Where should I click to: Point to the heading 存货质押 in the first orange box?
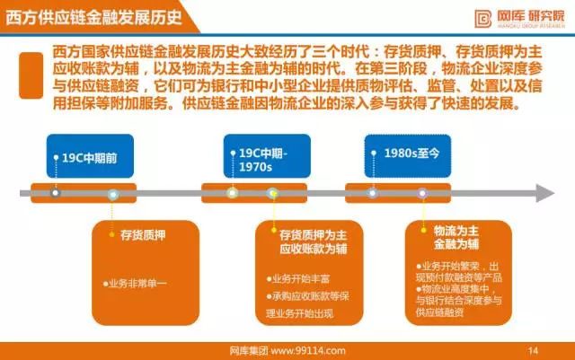coord(143,235)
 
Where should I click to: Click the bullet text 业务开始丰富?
coord(297,278)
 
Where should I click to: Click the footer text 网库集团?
coord(246,350)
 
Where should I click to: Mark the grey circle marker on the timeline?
coord(56,193)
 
